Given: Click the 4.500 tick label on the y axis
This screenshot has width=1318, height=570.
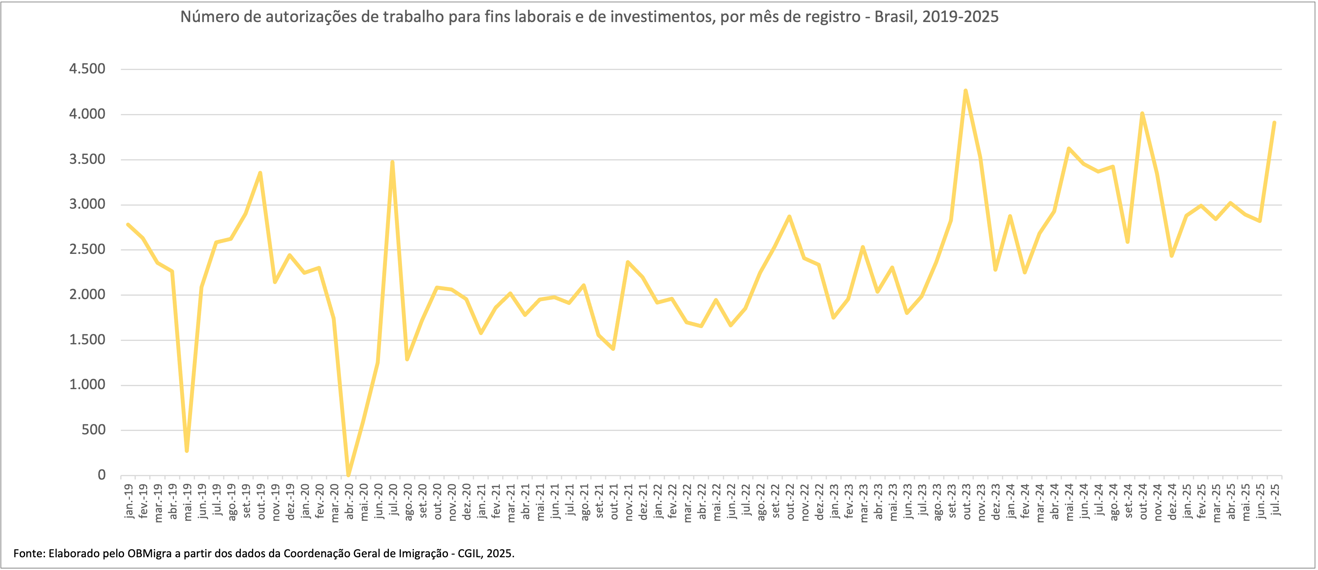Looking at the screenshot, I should [87, 69].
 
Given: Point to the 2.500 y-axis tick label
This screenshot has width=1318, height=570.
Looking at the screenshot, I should [87, 250].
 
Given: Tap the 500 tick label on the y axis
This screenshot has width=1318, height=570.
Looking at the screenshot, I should [94, 430].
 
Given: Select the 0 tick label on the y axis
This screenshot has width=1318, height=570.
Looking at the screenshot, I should [101, 475].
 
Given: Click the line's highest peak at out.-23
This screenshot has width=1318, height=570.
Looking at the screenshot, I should [965, 91].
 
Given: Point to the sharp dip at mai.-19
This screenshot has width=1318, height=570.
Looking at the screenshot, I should [187, 450].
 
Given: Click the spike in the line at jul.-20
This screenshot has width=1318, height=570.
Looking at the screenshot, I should [392, 163].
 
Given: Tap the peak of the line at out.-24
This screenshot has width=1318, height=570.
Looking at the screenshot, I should [1142, 114].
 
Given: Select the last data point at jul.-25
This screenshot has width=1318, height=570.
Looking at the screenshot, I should [1274, 123].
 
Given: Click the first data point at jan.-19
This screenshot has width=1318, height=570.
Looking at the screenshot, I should [128, 225].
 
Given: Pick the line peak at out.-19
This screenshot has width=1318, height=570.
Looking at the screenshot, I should [261, 173].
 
